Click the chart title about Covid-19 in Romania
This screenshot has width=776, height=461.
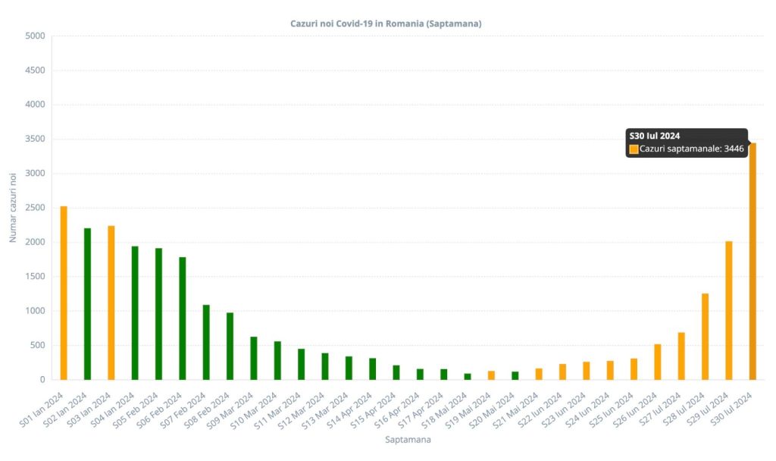pos(386,24)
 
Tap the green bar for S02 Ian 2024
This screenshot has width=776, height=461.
pos(87,303)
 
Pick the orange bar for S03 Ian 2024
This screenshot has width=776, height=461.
pos(111,303)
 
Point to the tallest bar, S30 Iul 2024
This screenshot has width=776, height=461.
pos(753,261)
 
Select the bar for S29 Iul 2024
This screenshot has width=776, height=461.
pos(729,310)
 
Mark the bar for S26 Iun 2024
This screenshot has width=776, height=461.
pos(658,362)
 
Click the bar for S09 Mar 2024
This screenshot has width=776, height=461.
pos(254,358)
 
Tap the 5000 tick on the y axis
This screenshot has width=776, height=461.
pos(35,36)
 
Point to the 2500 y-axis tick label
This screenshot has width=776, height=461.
pos(35,208)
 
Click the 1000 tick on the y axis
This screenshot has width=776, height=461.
pos(35,311)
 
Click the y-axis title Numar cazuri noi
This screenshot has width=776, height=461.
pos(13,208)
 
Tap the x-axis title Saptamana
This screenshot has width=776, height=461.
pos(408,439)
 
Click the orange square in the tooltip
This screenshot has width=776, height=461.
pos(634,149)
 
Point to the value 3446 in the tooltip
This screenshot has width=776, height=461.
pos(734,149)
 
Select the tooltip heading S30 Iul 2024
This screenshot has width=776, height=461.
pos(654,136)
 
